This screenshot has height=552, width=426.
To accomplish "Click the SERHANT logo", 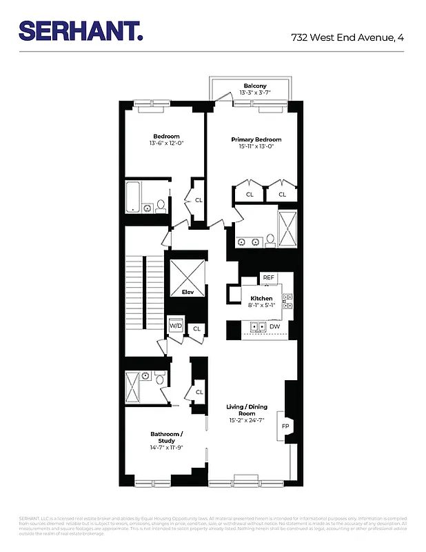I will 81,30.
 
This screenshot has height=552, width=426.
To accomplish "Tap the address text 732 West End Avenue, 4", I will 347,37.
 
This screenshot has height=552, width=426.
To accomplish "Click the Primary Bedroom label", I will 256,139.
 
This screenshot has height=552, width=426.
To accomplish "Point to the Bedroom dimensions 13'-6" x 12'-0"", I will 166,144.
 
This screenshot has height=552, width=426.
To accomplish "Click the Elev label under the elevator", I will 187,293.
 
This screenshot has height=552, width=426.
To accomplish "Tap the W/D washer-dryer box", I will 175,326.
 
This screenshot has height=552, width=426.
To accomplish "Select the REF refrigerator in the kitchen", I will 268,277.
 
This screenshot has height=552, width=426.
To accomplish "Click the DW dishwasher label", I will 275,326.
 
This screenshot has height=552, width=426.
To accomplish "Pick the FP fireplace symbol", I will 285,426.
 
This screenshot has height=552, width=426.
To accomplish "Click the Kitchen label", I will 261,298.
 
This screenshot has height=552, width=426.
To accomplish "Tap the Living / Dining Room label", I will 247,410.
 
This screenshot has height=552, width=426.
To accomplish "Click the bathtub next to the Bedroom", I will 134,196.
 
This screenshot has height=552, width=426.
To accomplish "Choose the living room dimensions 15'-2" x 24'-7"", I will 247,421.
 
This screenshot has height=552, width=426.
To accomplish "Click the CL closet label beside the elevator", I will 196,328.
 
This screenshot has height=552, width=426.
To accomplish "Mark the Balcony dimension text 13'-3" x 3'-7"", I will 254,92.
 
